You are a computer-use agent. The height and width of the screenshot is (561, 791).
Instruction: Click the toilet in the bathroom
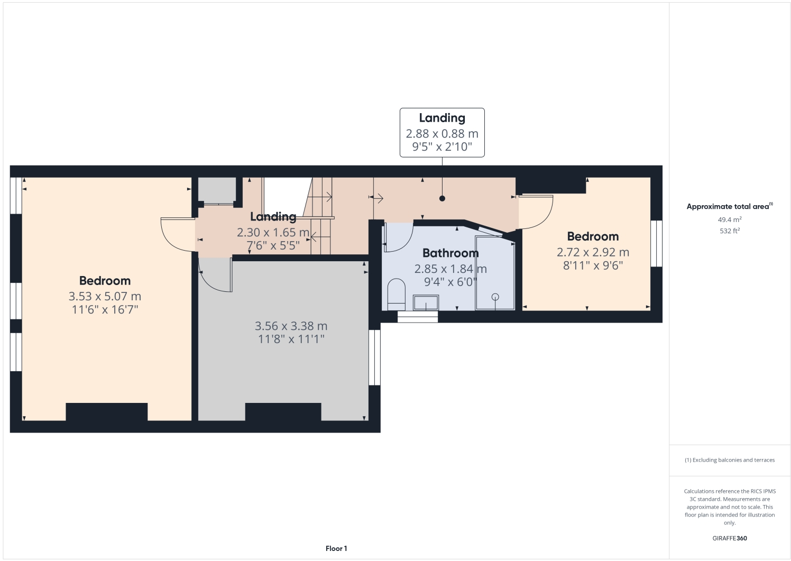pyautogui.click(x=396, y=295)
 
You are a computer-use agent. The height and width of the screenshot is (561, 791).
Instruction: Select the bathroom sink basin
pyautogui.click(x=426, y=302)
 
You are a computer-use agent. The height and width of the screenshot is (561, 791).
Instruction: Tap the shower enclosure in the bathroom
pyautogui.click(x=495, y=275)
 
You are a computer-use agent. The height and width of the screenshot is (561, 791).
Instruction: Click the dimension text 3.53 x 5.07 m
pyautogui.click(x=105, y=297)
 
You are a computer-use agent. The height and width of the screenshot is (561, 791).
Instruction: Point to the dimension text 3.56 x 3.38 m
pyautogui.click(x=291, y=326)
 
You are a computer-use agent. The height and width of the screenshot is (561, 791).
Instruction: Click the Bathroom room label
pyautogui.click(x=450, y=253)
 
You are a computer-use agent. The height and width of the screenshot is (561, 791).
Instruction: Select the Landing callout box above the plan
pyautogui.click(x=442, y=133)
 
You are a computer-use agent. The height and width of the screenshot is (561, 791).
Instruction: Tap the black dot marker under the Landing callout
pyautogui.click(x=442, y=199)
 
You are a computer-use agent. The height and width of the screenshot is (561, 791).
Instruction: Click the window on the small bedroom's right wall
pyautogui.click(x=656, y=244)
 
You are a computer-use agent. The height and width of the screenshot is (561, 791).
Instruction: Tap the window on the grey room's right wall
pyautogui.click(x=374, y=357)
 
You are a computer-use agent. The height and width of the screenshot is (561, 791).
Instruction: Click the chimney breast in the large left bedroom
pyautogui.click(x=106, y=412)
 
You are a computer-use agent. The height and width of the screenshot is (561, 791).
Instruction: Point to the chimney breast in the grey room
pyautogui.click(x=283, y=412)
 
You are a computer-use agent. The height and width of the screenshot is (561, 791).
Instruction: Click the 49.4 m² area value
pyautogui.click(x=729, y=219)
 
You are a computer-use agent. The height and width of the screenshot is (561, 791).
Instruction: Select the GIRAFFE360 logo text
pyautogui.click(x=729, y=538)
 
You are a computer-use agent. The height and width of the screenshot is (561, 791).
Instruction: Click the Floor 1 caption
pyautogui.click(x=336, y=548)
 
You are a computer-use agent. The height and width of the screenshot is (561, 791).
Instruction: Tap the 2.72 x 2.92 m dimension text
pyautogui.click(x=593, y=252)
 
